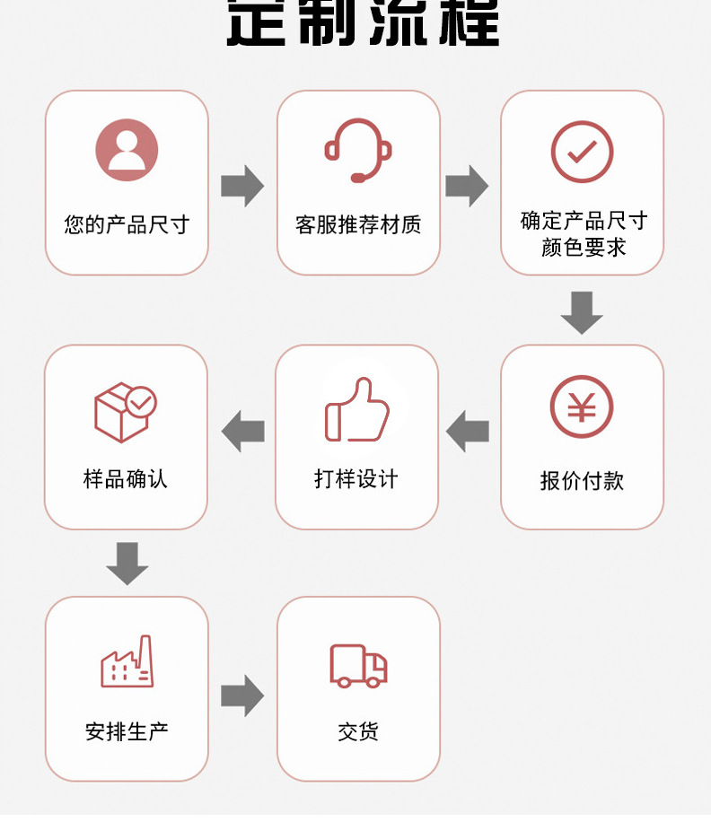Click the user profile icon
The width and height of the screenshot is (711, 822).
click(x=127, y=150)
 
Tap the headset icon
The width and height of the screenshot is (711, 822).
click(x=358, y=151)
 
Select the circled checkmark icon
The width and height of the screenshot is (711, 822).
click(x=582, y=152)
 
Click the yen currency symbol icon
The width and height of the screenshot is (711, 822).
click(x=582, y=407)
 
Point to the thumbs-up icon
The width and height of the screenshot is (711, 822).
click(x=357, y=410)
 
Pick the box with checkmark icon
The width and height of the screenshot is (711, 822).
click(x=125, y=412)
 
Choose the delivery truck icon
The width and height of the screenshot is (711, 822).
click(x=358, y=666)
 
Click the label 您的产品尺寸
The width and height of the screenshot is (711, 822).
click(x=127, y=224)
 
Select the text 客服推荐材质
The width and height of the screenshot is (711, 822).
click(x=358, y=224)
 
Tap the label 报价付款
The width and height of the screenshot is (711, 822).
click(x=582, y=481)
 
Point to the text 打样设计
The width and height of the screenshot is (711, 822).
click(x=356, y=479)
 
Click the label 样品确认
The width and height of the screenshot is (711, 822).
click(x=126, y=479)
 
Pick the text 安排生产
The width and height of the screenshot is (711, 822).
click(x=127, y=732)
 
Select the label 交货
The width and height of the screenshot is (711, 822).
click(x=358, y=732)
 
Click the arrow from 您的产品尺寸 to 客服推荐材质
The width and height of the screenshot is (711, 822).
click(x=242, y=187)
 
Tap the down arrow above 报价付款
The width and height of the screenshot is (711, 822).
click(x=582, y=311)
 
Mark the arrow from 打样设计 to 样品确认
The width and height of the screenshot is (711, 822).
click(x=242, y=432)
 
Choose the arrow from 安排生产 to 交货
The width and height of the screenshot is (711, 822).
click(x=242, y=695)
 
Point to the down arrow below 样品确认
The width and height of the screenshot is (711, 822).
click(x=127, y=563)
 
